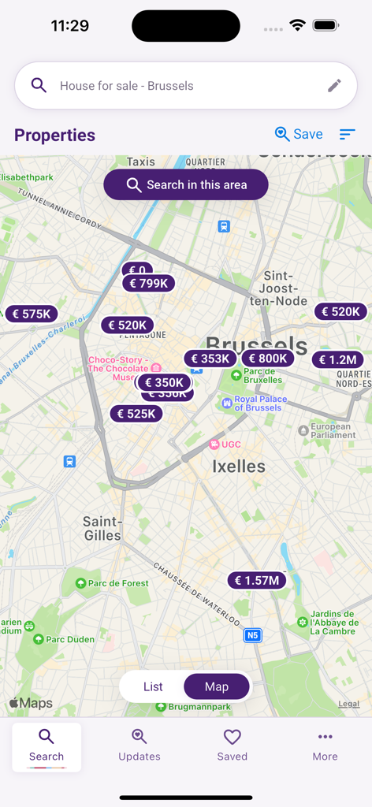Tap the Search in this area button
186,185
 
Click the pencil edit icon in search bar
335,86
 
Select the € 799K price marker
148,284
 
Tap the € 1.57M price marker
257,581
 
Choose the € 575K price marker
32,314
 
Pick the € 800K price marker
267,359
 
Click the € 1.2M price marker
338,360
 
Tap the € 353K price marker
210,359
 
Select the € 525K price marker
136,413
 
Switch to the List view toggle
153,686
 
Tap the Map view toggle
217,686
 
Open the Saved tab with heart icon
232,746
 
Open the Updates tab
139,746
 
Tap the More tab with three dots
325,746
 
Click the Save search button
299,135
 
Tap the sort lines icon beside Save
348,135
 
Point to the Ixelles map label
239,467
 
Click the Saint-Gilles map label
102,528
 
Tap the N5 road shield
252,635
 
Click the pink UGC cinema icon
214,444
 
